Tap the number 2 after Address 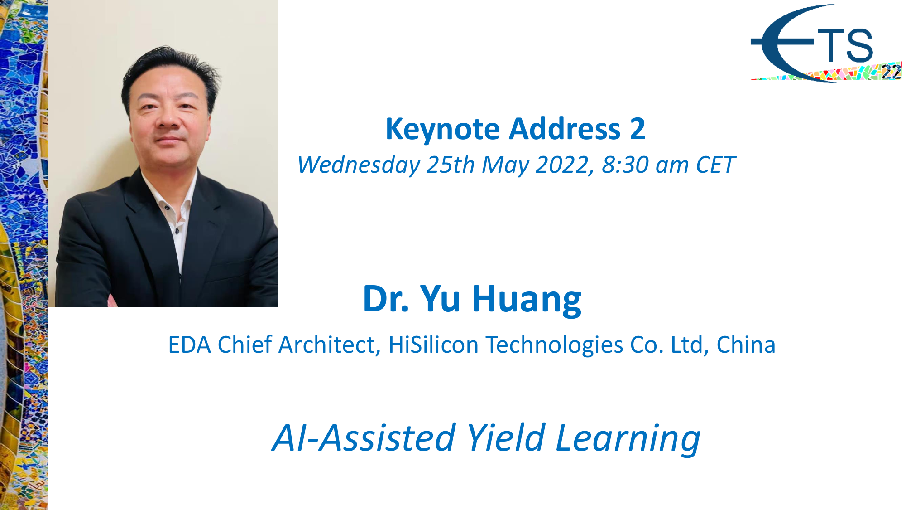pos(638,129)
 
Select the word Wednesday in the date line pos(359,165)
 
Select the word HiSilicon pos(433,345)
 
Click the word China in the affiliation pos(746,345)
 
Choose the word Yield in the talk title pos(506,438)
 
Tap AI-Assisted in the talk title pos(364,438)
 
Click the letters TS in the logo pos(846,46)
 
